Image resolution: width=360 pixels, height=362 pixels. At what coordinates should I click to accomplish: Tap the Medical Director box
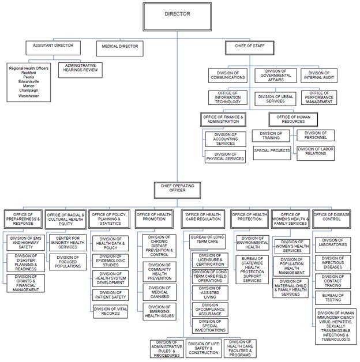pos(119,48)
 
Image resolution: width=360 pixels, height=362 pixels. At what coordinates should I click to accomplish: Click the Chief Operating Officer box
pos(177,188)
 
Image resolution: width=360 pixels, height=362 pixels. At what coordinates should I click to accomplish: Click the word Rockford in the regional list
pos(29,73)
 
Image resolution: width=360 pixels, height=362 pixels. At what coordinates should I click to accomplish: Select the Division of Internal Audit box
pos(319,75)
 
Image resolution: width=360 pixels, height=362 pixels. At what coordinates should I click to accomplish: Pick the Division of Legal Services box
pos(275,98)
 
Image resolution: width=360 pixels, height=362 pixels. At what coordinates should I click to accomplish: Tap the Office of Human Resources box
pos(294,119)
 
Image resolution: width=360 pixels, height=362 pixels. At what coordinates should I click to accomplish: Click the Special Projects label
pos(272,150)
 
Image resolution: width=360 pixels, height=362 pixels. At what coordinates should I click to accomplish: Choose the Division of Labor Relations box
pos(315,152)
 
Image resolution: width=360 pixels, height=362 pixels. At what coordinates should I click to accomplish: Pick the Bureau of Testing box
pos(333,298)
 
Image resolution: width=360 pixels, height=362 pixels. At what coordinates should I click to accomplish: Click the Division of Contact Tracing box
pos(333,280)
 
